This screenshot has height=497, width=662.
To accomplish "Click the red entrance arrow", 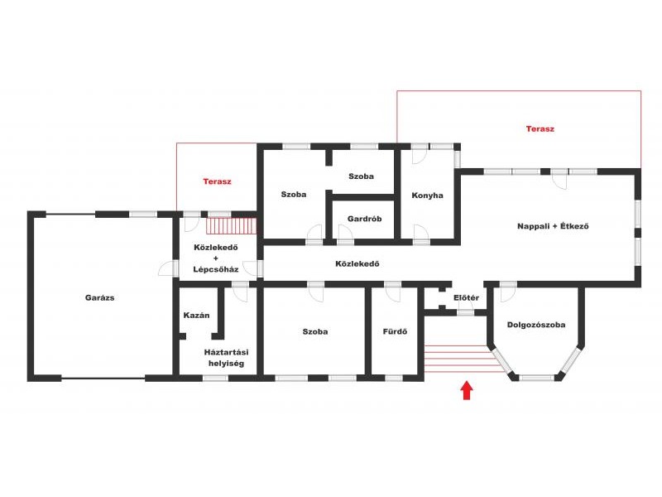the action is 466,390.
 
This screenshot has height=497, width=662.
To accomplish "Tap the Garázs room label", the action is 99,297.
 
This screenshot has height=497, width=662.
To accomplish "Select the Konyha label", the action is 427,195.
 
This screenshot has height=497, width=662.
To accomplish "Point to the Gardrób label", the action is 364,219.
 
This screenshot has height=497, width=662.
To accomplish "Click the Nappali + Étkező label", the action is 553,226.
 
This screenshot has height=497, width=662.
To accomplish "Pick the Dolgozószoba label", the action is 536,325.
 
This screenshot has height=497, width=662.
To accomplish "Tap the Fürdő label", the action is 395,331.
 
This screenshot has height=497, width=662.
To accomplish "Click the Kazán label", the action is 196,316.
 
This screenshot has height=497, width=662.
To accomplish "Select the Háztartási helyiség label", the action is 226,358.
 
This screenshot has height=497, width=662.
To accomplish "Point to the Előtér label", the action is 466,297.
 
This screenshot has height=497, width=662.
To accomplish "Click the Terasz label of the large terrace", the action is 540,129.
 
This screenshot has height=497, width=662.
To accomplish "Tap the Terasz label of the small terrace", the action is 217,181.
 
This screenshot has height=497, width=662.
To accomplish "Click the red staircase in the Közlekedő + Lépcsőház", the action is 232,225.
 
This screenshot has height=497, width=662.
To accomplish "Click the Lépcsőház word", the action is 216,269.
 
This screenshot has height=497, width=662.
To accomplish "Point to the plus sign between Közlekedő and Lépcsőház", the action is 216,258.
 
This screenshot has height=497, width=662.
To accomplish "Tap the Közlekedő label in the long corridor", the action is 357,263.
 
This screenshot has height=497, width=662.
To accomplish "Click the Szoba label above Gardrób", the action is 361,176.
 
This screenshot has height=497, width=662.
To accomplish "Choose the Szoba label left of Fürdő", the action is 315,331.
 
